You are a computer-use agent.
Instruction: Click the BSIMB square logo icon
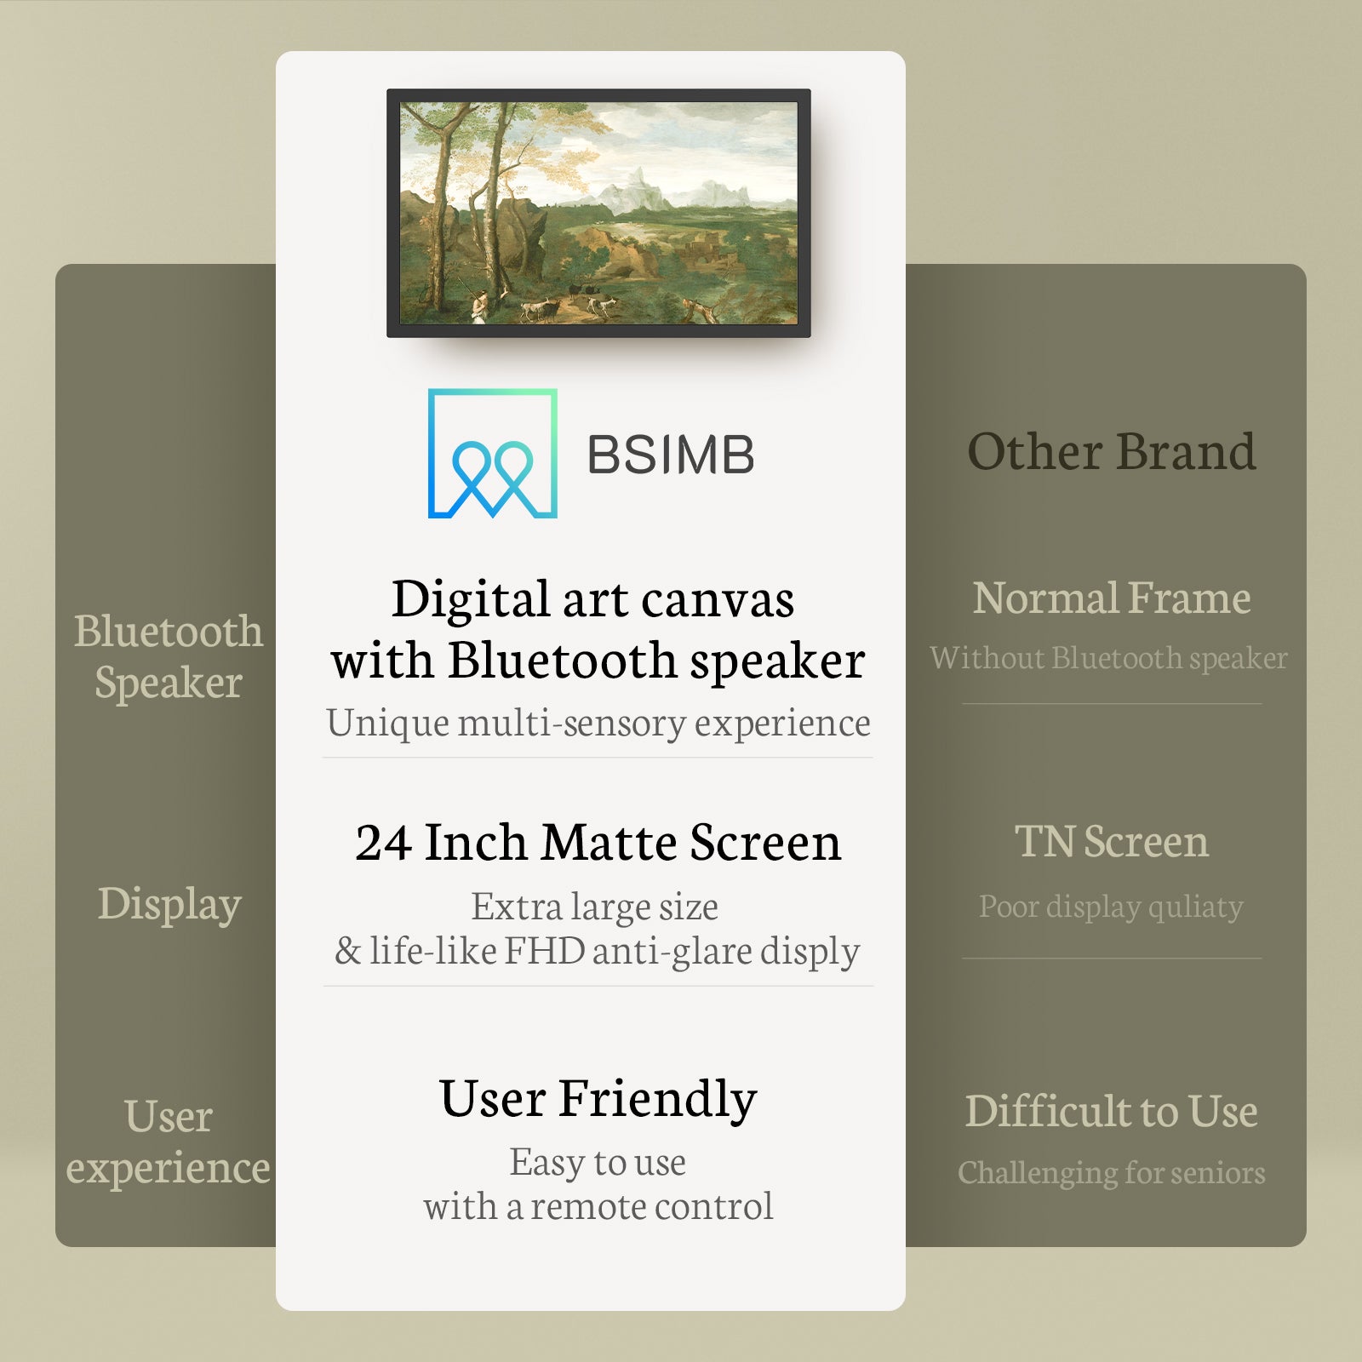tap(492, 453)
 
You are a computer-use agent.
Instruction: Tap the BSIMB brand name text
tap(671, 455)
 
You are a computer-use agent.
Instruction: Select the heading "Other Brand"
tap(1111, 451)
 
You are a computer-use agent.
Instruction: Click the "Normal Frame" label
tap(1112, 598)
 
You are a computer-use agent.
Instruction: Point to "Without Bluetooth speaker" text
tap(1108, 658)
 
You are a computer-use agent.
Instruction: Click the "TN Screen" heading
tap(1112, 841)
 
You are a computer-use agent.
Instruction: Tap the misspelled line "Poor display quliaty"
tap(1111, 907)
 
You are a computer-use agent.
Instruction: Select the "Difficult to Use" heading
tap(1111, 1111)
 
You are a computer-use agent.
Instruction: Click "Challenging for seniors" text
tap(1111, 1173)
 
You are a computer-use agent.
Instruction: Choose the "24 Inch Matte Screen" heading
tap(598, 842)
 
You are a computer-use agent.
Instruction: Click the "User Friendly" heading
tap(598, 1099)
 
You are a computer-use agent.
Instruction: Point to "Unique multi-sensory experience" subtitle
tap(598, 723)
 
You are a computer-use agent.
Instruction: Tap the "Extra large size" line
tap(594, 907)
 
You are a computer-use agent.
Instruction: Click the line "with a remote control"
tap(598, 1206)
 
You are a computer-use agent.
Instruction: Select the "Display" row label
tap(169, 904)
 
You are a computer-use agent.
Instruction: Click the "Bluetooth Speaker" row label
tap(169, 656)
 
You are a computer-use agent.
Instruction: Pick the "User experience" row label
tap(169, 1142)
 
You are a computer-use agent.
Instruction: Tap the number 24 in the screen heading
tap(384, 843)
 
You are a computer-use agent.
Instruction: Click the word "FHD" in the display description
tap(545, 951)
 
